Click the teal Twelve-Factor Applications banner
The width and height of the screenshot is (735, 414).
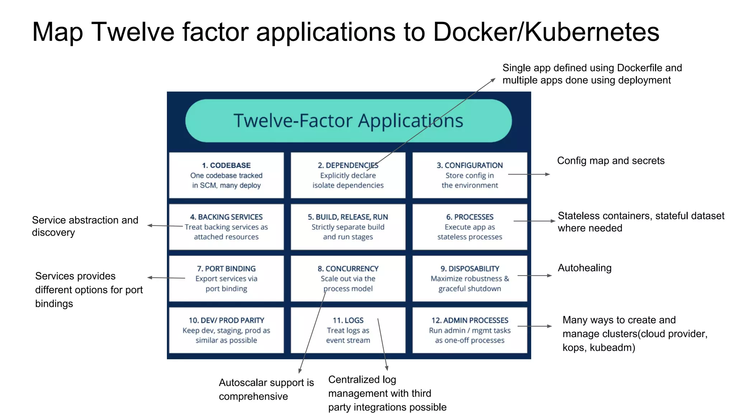[348, 121]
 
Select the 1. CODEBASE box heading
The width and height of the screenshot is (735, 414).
[226, 165]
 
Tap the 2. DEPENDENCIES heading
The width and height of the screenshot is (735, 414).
[348, 165]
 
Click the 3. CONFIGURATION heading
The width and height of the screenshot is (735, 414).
[469, 165]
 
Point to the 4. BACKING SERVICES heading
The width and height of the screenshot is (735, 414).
[226, 217]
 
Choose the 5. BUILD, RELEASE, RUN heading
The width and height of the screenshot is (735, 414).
[348, 217]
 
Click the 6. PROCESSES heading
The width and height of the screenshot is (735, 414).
[469, 217]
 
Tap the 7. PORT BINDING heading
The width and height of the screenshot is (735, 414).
[226, 269]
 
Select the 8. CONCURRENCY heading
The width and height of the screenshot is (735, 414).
[348, 269]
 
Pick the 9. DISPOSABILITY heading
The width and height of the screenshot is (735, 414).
[469, 269]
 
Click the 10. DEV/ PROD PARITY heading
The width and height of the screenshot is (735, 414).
[226, 320]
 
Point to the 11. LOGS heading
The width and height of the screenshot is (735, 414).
[348, 320]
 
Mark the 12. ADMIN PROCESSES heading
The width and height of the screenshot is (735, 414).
[469, 320]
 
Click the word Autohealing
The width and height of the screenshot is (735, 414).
[585, 268]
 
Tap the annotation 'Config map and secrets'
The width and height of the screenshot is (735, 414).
[611, 161]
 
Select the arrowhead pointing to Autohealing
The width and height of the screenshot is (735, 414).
[549, 276]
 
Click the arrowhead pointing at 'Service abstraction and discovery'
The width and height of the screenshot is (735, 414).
[150, 225]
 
